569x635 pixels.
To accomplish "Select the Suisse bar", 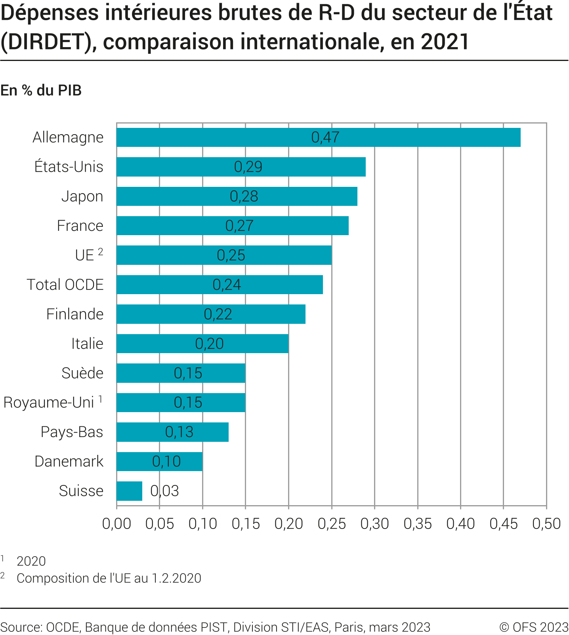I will (x=129, y=491).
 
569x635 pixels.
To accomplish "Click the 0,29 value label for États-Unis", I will (x=248, y=167).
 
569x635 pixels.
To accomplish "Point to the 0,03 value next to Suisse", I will (x=164, y=491).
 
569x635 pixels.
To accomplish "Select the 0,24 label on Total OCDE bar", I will (x=227, y=285).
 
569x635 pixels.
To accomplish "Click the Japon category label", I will (x=82, y=196).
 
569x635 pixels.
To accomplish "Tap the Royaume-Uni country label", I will (x=48, y=402).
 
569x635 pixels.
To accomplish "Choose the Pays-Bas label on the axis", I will (x=72, y=432).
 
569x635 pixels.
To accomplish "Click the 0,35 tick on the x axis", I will (x=418, y=524).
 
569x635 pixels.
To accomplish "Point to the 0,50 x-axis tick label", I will (x=546, y=524).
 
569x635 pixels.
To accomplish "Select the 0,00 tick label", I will (x=116, y=524).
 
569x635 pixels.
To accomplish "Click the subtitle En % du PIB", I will (x=41, y=90).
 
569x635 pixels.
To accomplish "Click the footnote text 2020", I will (x=31, y=561).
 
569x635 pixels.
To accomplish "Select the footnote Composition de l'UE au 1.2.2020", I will (x=109, y=578).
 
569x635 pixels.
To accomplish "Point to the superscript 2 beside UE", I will (x=101, y=251).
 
